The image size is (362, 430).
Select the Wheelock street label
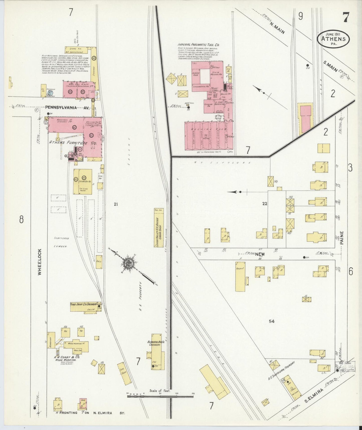pyautogui.click(x=40, y=262)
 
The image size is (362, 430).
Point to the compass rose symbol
pyautogui.click(x=129, y=264)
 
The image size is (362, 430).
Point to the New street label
pyautogui.click(x=260, y=254)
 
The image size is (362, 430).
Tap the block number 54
pyautogui.click(x=272, y=321)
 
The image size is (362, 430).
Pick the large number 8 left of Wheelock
pyautogui.click(x=21, y=220)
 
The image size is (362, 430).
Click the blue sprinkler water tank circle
pyautogui.click(x=50, y=92)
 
